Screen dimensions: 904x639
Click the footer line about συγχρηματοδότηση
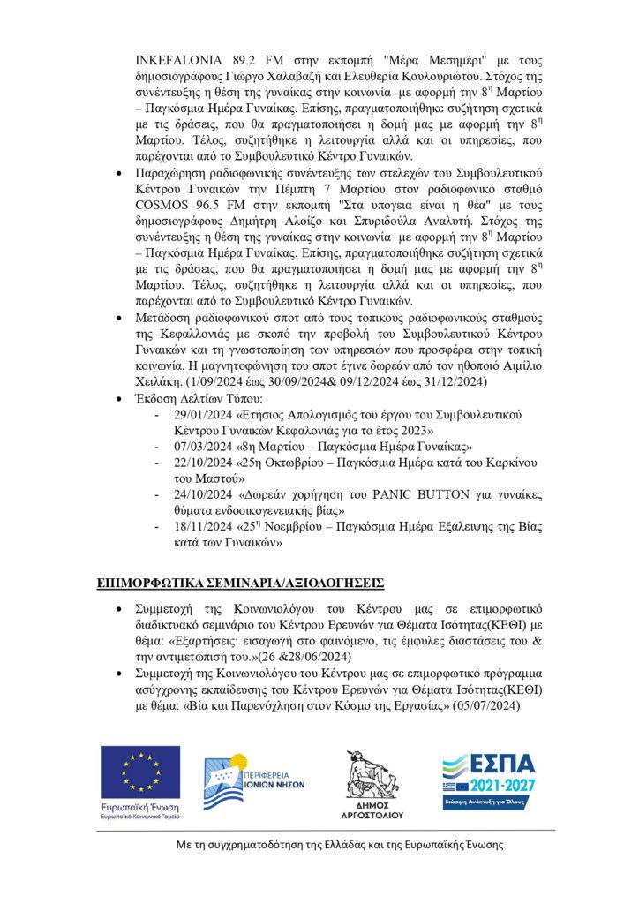point(338,845)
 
